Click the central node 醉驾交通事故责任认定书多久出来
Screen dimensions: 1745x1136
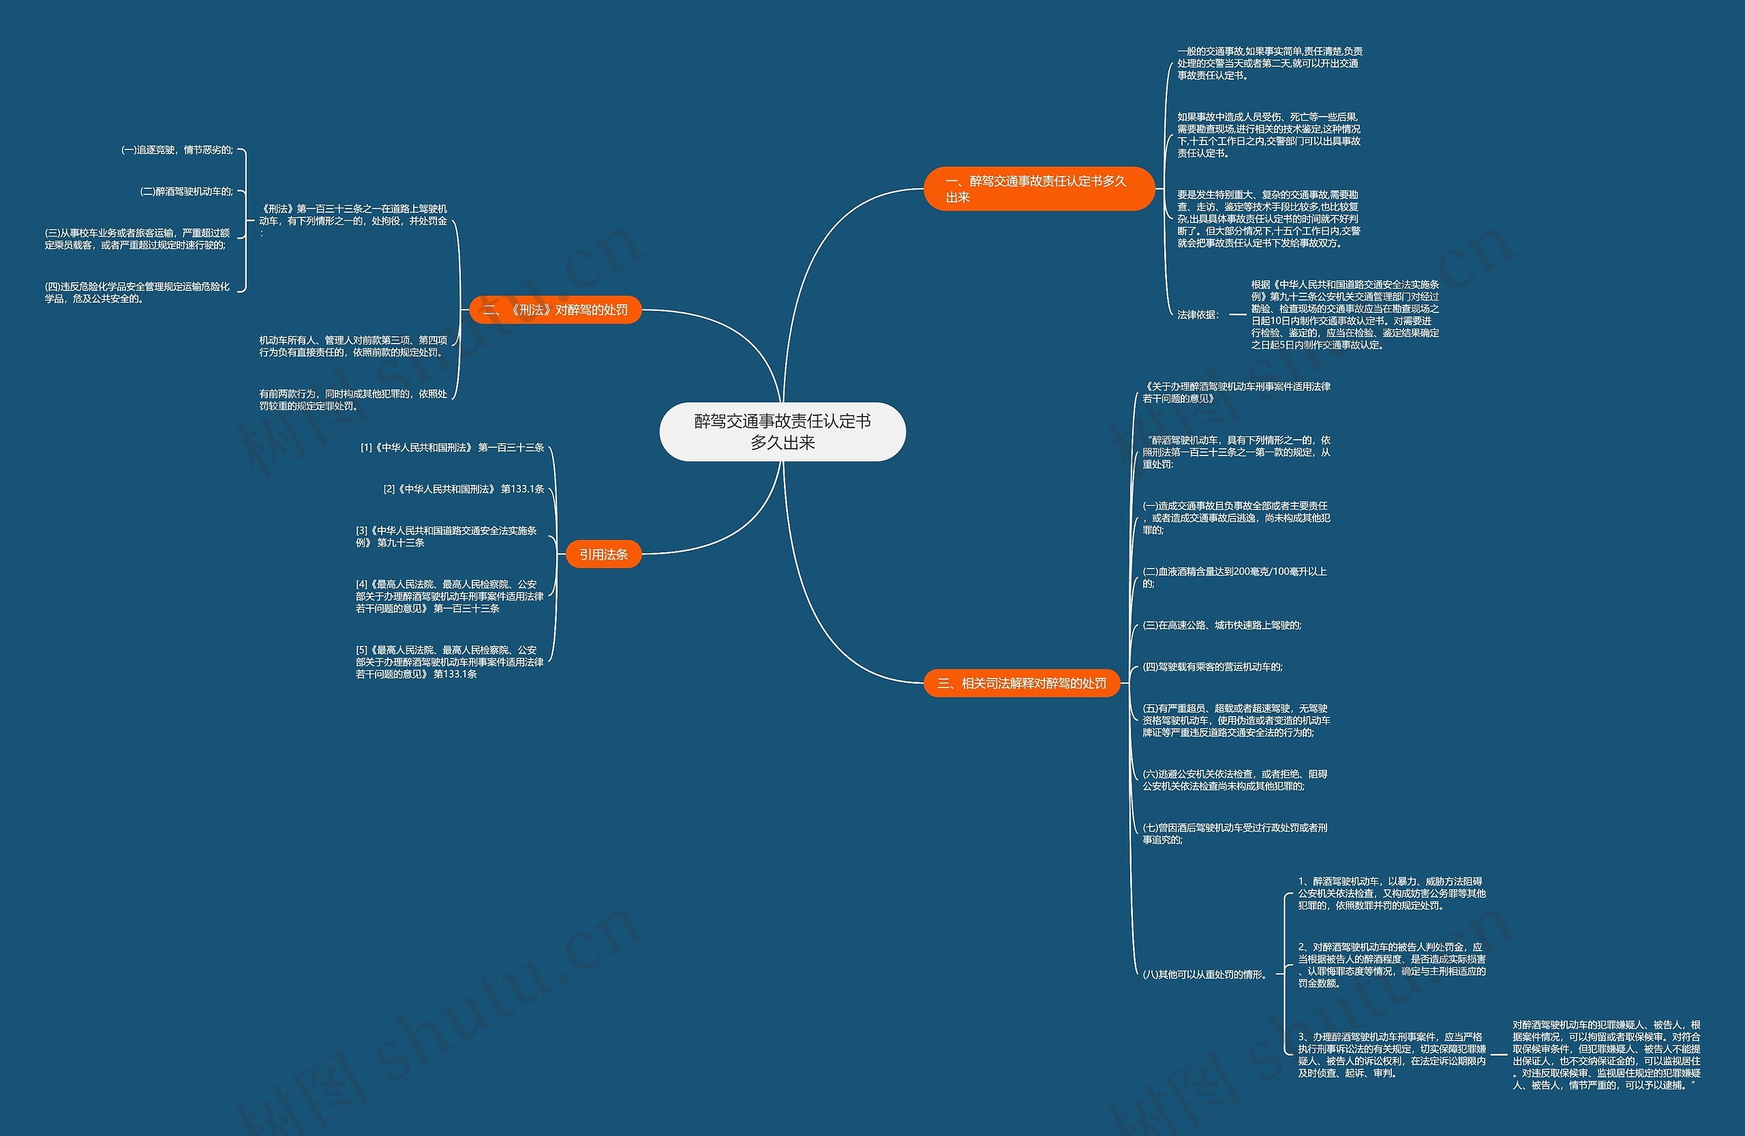tap(783, 431)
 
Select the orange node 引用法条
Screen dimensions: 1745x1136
tap(603, 554)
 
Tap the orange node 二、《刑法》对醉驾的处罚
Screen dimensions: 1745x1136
tap(555, 310)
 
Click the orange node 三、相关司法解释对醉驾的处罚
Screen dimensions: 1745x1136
tap(1021, 683)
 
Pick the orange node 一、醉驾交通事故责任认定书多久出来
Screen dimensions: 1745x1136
tap(1038, 188)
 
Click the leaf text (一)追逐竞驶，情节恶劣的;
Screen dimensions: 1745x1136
tap(177, 149)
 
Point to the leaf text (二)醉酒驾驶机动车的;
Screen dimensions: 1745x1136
tap(187, 192)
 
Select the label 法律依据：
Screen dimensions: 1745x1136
tap(1198, 314)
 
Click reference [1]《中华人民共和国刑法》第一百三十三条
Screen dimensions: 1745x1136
tap(452, 447)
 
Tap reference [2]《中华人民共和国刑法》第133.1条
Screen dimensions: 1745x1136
tap(464, 489)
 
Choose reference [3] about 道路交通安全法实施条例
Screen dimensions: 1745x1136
tap(446, 536)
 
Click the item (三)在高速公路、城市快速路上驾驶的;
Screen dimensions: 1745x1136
tap(1221, 625)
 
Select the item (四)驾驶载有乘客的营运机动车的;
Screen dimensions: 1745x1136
tap(1213, 667)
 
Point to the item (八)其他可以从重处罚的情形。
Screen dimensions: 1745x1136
tap(1204, 974)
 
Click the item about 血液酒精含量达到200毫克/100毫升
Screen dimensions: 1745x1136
tap(1234, 577)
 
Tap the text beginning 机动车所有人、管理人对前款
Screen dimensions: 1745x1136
tap(352, 346)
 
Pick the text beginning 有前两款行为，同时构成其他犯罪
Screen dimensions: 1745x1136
tap(352, 400)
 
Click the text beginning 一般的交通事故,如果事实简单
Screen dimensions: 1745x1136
tap(1269, 63)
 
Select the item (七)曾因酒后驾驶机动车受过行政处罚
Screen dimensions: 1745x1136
tap(1234, 833)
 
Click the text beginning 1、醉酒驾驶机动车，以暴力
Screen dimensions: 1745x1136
tap(1391, 893)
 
